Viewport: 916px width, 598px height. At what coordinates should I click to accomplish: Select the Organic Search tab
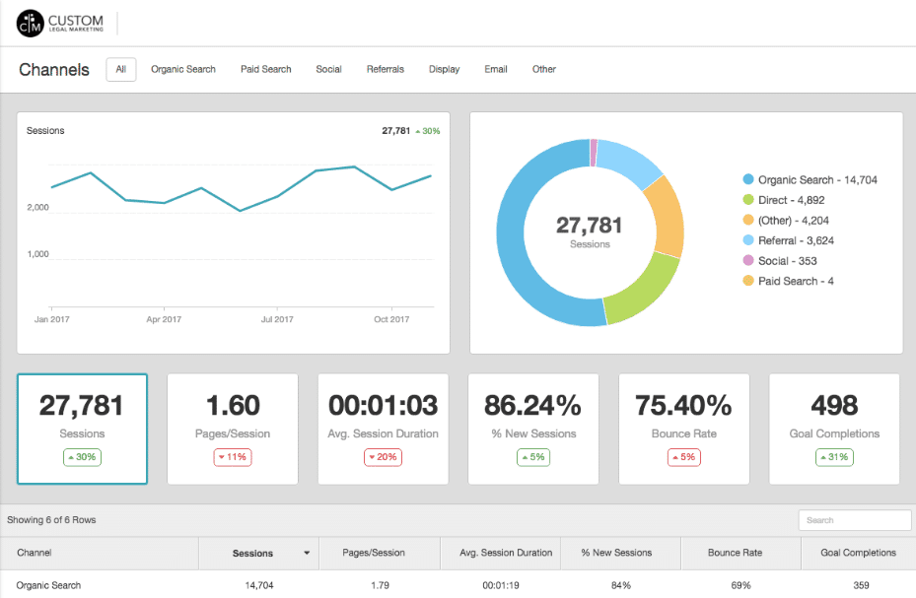[183, 70]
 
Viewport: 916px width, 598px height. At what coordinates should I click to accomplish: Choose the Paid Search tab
[266, 70]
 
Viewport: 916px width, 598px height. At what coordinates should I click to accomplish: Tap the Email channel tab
[496, 70]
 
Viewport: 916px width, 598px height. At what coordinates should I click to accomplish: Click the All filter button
[121, 70]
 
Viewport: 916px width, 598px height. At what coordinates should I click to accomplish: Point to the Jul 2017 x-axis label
[277, 319]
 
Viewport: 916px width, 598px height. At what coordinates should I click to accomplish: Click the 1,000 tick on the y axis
[37, 254]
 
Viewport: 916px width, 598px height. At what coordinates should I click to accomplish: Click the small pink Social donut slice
[594, 153]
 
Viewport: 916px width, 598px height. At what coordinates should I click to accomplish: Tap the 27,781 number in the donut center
[590, 226]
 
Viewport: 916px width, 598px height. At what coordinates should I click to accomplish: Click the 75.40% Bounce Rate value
[684, 405]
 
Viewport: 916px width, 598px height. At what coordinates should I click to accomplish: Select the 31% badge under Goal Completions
[835, 457]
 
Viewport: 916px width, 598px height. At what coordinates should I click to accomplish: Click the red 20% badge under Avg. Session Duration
[383, 457]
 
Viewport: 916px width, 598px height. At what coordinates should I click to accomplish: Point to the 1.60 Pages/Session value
[233, 405]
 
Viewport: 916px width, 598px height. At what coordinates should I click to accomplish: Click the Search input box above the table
[854, 520]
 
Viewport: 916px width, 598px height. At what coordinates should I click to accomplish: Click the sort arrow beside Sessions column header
[307, 554]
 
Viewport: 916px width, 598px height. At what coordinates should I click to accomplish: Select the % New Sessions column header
[616, 553]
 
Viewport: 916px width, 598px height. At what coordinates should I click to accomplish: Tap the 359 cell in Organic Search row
[861, 585]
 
